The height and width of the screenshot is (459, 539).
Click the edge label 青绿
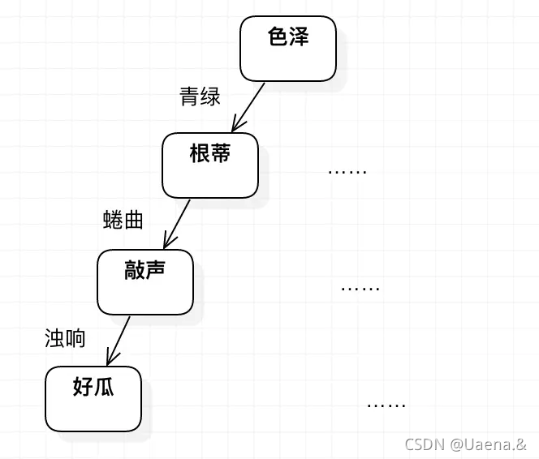click(x=200, y=97)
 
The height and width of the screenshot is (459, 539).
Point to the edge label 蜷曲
click(x=123, y=220)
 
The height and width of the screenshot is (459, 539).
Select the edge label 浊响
click(x=65, y=338)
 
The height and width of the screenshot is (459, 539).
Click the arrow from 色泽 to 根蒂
click(x=250, y=105)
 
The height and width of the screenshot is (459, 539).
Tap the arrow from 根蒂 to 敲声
click(x=178, y=223)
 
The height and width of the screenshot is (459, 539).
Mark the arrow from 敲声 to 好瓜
click(x=119, y=340)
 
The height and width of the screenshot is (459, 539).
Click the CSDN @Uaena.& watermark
click(x=464, y=444)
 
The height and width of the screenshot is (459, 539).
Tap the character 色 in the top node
click(x=278, y=36)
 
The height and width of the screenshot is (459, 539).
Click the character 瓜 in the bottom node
click(x=103, y=387)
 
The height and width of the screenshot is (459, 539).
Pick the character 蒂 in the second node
click(x=220, y=153)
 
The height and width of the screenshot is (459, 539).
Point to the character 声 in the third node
click(x=156, y=270)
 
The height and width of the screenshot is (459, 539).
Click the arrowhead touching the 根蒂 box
click(x=235, y=126)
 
